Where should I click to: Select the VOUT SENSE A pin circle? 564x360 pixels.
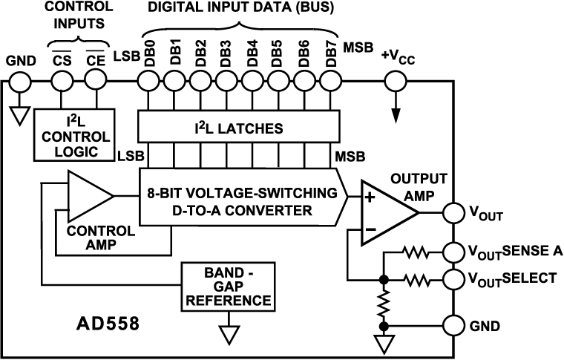pyautogui.click(x=453, y=252)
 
